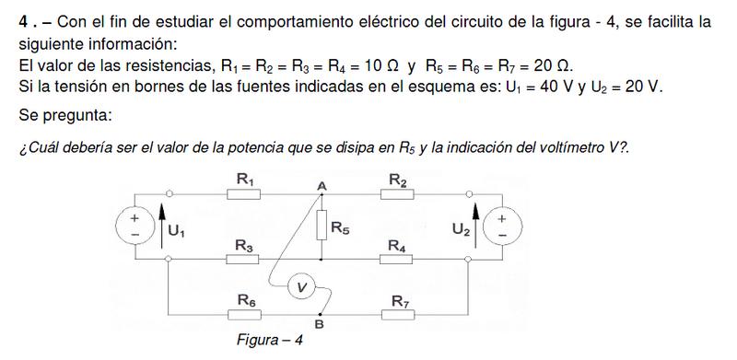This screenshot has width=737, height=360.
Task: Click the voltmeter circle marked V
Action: [301, 286]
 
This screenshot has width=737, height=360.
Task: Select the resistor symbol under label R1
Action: [243, 193]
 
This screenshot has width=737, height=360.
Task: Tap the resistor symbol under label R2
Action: [397, 193]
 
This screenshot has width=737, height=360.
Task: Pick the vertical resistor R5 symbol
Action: [322, 226]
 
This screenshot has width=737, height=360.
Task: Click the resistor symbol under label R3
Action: [242, 259]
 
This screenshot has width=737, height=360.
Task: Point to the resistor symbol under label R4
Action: [396, 259]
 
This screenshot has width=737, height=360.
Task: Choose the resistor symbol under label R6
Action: [244, 315]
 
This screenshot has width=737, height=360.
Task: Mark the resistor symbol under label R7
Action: [398, 315]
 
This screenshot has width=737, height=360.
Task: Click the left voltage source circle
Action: [135, 225]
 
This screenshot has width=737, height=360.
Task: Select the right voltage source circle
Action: [502, 226]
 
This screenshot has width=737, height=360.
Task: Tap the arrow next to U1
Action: [162, 226]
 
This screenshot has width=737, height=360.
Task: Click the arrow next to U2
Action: [475, 226]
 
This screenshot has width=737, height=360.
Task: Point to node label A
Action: [322, 187]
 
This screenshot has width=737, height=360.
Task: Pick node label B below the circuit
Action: [319, 324]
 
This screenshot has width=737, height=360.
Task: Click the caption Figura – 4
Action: [270, 340]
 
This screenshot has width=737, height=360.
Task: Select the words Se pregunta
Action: [65, 115]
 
